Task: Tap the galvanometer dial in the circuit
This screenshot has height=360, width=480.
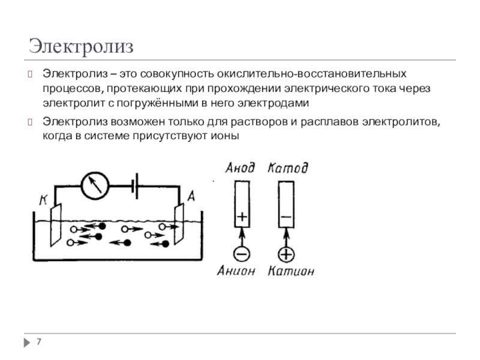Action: pos(94,184)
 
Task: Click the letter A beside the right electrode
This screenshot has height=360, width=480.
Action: pos(191,196)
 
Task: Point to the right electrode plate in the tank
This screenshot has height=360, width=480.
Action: pos(179,224)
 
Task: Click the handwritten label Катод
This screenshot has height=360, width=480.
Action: pos(288,169)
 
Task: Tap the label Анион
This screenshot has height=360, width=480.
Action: pos(237,271)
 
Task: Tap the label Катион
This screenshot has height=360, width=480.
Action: pos(290,271)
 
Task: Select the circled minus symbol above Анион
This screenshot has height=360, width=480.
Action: pos(241,254)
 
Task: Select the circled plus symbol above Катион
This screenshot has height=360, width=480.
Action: pos(286,254)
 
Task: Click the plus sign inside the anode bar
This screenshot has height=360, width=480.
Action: pos(241,216)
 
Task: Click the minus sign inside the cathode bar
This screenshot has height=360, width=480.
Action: pos(286,216)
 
